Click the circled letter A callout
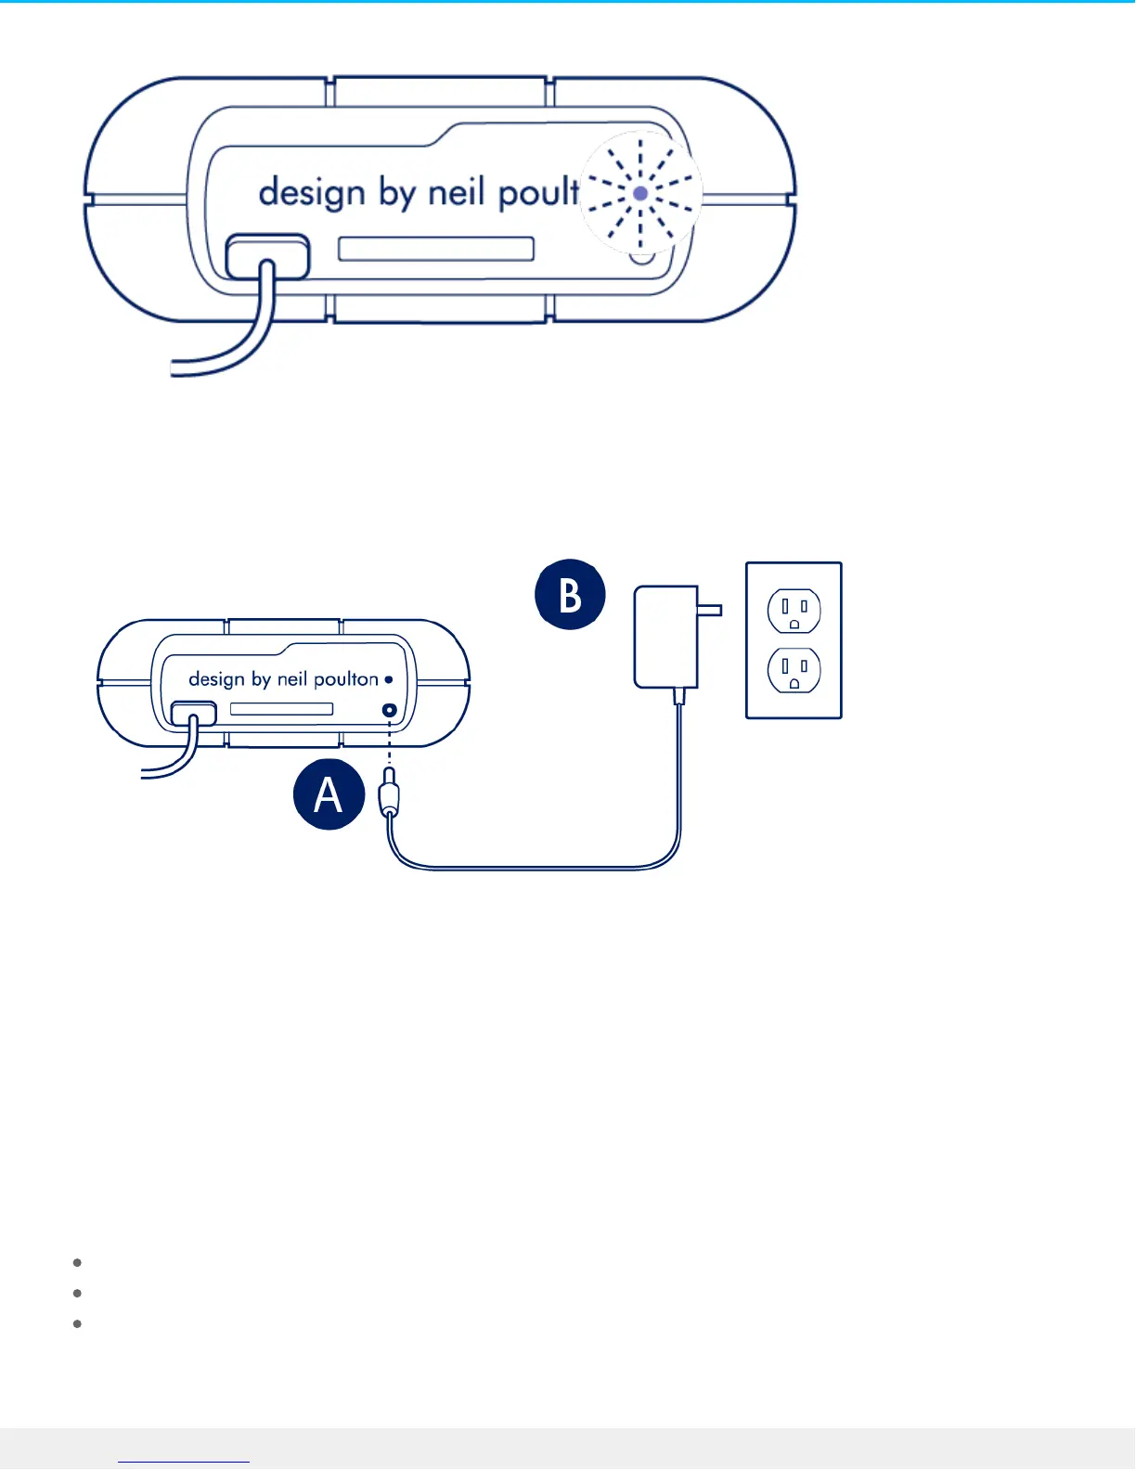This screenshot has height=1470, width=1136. click(329, 794)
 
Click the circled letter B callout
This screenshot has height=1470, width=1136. click(570, 594)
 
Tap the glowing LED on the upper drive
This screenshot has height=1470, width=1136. click(640, 194)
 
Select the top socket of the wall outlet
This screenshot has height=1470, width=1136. click(794, 612)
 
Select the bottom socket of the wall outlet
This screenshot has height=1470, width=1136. click(794, 670)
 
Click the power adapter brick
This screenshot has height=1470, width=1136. click(665, 637)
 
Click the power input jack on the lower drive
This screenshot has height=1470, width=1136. click(390, 712)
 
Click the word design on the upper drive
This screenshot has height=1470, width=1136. click(312, 193)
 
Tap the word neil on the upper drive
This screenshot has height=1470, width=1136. click(457, 192)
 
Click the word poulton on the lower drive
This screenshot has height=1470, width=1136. click(346, 679)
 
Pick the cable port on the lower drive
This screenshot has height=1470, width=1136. click(193, 714)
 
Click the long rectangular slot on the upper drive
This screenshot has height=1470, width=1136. click(436, 249)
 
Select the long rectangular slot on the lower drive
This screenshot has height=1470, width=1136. click(281, 709)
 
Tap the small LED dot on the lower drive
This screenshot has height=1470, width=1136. click(389, 679)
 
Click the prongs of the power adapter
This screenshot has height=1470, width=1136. click(710, 610)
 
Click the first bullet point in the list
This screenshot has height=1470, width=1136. click(78, 1262)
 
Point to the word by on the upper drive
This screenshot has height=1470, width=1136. click(396, 193)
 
